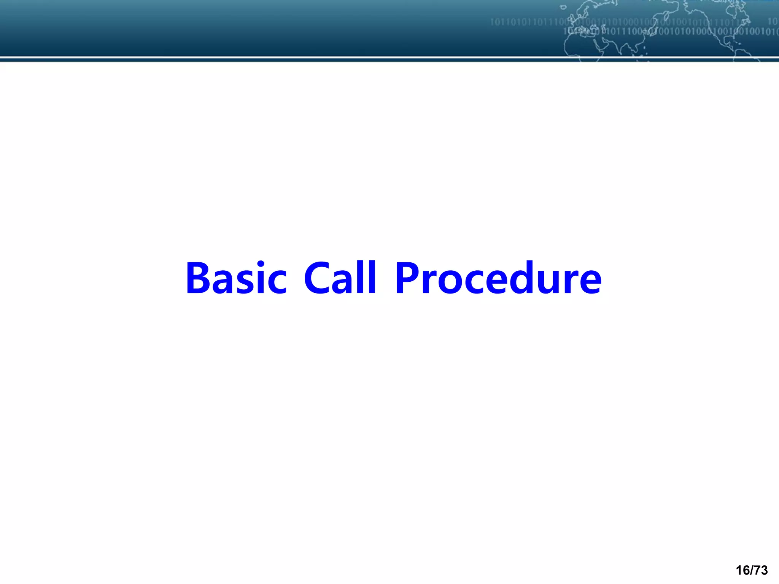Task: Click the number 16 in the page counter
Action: point(742,570)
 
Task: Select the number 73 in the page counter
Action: point(760,570)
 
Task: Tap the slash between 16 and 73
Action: point(751,570)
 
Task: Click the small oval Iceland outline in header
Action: point(563,7)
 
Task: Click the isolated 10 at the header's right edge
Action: point(773,22)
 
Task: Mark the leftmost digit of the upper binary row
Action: point(492,22)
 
